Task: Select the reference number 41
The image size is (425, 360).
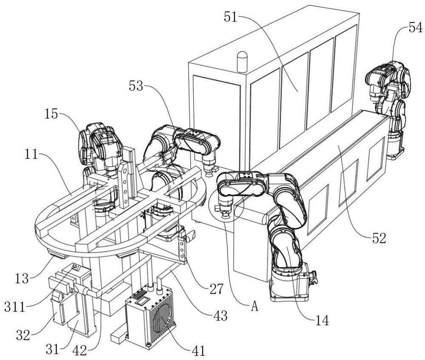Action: click(198, 351)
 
